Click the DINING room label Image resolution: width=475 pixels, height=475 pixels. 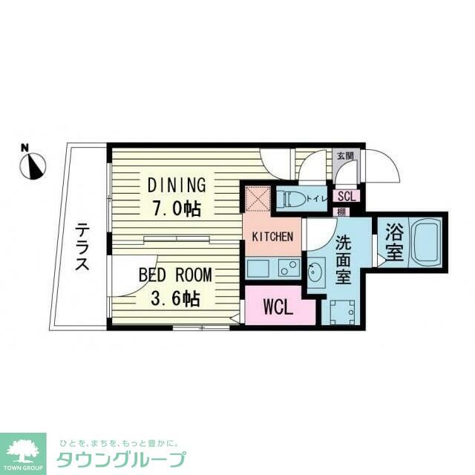coord(175,185)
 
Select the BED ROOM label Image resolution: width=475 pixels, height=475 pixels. coord(175,275)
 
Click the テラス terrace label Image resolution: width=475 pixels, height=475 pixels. coord(82,249)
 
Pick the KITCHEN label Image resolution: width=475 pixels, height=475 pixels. coord(272,237)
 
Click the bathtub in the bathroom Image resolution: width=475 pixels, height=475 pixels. coord(425,243)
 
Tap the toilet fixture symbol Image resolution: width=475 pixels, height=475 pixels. coord(289,198)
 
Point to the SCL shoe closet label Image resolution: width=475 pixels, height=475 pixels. coord(347,197)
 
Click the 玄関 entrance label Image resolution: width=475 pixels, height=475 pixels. coord(345,156)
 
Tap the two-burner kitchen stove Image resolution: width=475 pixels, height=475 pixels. coord(288,268)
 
